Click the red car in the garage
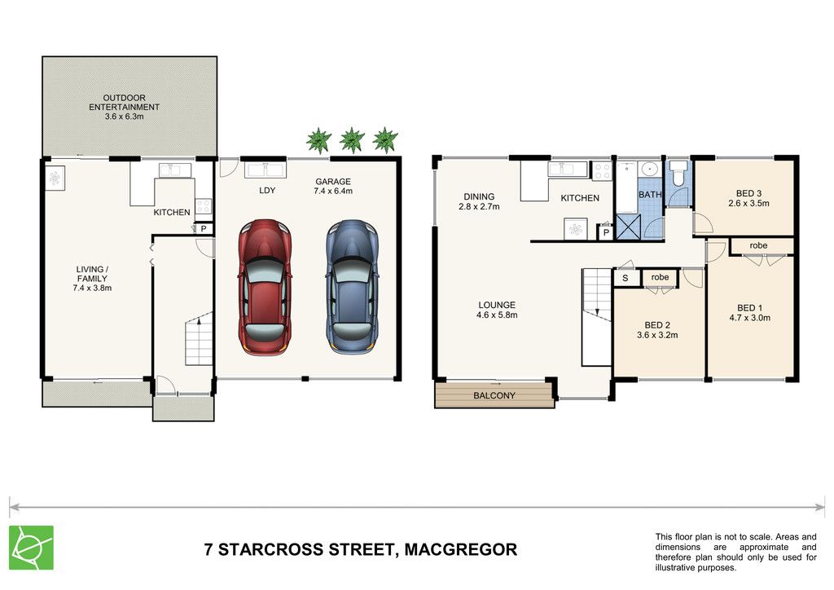[265, 287]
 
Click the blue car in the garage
[352, 287]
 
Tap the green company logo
[32, 548]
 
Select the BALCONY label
[494, 396]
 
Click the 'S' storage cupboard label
[625, 278]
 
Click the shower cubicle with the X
[629, 227]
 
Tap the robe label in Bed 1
[758, 245]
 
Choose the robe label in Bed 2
[660, 277]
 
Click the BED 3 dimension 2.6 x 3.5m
[748, 203]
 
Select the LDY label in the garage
[267, 191]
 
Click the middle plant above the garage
[352, 140]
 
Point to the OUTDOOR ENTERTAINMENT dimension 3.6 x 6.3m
[124, 117]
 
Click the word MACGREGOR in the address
[461, 549]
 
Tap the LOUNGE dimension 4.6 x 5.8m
[497, 315]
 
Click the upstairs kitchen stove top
[602, 171]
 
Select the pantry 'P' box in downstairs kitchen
[203, 229]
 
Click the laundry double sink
[266, 170]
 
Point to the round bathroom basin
[649, 170]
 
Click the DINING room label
[479, 197]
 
